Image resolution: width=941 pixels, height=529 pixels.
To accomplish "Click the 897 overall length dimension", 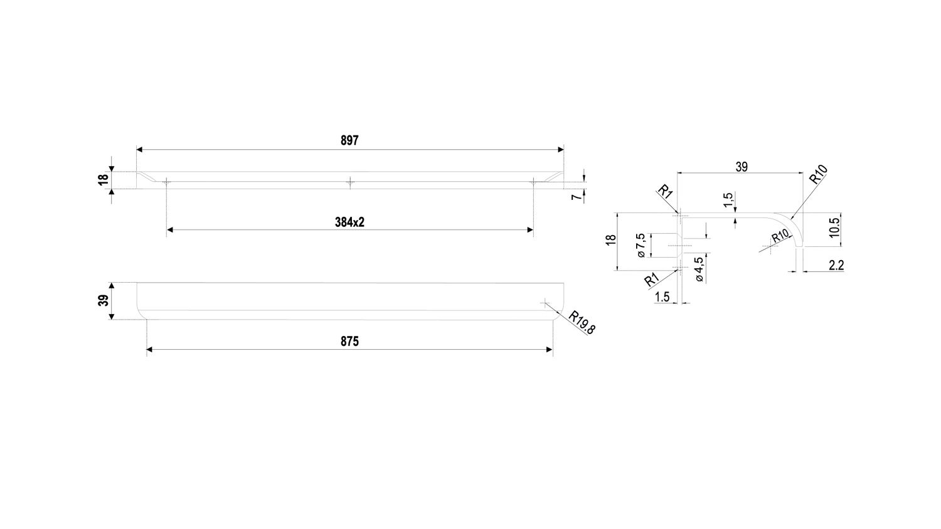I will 349,141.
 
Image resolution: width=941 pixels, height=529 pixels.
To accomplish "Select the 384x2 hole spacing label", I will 349,223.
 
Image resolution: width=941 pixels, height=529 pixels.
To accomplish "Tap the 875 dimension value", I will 349,342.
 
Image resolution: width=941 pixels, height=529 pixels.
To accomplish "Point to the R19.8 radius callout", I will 582,322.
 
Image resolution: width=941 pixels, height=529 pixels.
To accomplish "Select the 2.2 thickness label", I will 836,266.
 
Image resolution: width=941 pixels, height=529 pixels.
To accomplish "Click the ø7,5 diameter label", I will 641,245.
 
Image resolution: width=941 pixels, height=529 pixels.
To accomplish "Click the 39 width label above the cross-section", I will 741,167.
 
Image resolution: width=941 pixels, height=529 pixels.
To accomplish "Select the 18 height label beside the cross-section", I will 610,240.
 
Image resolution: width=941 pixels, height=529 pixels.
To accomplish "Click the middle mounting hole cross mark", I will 350,182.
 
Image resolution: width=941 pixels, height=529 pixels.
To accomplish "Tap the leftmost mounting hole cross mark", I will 166,182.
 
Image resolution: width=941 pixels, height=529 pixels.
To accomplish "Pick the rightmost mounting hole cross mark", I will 533,182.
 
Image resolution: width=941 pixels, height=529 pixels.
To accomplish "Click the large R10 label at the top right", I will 819,174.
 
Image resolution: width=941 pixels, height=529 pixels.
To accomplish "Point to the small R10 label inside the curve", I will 780,236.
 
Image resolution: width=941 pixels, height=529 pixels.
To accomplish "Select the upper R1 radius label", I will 665,191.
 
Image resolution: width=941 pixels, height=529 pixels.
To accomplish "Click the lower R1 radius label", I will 651,280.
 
